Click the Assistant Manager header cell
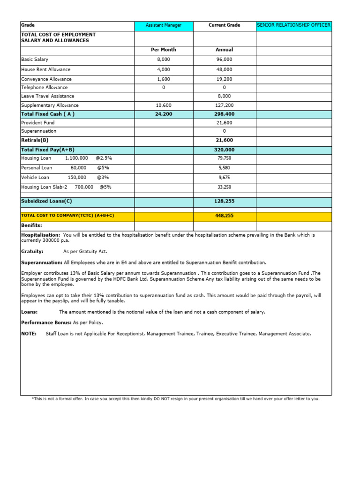click(x=163, y=25)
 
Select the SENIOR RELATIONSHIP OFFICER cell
click(x=293, y=25)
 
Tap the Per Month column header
click(x=164, y=50)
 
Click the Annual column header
click(x=224, y=50)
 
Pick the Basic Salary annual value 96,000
click(x=224, y=60)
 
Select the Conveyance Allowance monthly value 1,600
click(x=164, y=79)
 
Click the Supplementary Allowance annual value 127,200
click(x=224, y=105)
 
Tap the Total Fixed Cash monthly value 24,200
click(x=164, y=114)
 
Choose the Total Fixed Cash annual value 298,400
click(x=224, y=114)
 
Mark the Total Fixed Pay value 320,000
click(x=224, y=150)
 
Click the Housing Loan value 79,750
click(x=224, y=158)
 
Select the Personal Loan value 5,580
click(x=224, y=168)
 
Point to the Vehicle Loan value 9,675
click(x=224, y=178)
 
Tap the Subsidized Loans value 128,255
click(x=224, y=201)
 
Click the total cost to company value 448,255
click(x=224, y=216)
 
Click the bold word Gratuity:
click(x=32, y=251)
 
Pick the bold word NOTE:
click(x=29, y=334)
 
